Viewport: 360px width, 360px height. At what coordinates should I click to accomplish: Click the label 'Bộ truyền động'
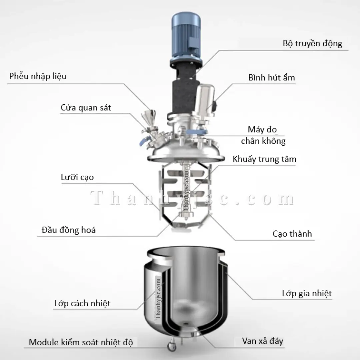(312, 43)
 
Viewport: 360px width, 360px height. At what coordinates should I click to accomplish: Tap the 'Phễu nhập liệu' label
(38, 76)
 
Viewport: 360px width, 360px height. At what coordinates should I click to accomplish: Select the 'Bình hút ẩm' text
(271, 78)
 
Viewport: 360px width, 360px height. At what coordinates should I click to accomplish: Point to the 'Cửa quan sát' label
(86, 108)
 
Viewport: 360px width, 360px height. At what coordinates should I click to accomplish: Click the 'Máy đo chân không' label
(263, 135)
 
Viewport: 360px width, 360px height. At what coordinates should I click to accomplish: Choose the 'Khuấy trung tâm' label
(264, 159)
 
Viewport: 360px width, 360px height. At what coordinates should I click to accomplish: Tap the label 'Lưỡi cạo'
(77, 177)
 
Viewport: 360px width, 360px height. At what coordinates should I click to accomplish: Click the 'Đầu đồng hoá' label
(69, 230)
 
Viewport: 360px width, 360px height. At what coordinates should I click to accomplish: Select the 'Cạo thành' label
(292, 234)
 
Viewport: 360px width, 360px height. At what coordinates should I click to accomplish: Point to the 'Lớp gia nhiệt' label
(307, 293)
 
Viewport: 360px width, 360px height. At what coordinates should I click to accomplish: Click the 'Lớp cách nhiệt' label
(82, 303)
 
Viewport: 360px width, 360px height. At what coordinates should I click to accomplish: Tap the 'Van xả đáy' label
(263, 341)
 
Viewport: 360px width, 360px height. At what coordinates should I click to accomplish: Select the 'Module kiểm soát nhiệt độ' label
(81, 342)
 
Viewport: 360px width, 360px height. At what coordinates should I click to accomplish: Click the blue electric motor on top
(185, 37)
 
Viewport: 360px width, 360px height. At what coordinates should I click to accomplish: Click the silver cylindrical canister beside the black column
(205, 100)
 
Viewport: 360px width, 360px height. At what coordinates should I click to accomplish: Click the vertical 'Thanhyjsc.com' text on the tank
(158, 299)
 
